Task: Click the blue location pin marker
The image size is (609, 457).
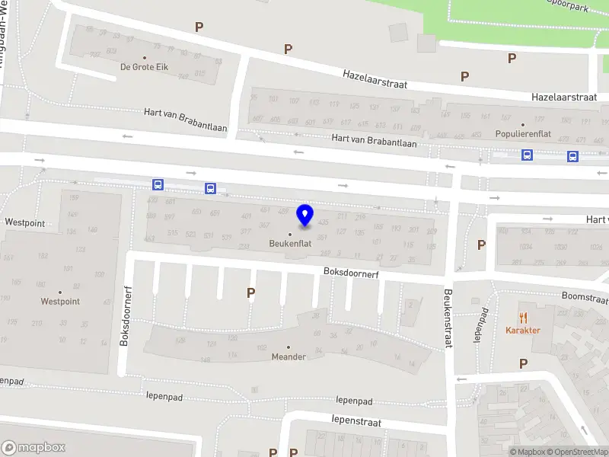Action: pos(305,216)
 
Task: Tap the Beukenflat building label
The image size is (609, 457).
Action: pos(290,244)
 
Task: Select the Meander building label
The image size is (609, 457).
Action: pos(289,356)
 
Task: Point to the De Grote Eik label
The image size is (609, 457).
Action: pos(144,67)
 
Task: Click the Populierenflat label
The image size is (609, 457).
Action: pos(522,134)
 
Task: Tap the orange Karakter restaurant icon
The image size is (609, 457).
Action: pos(523,317)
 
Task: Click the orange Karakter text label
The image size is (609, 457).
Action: pos(523,331)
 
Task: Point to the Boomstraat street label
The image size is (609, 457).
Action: pos(584,298)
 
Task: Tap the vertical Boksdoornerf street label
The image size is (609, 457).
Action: pos(127,317)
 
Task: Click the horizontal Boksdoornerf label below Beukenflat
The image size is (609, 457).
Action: pos(351,272)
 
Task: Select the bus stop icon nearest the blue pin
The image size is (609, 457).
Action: pos(210,188)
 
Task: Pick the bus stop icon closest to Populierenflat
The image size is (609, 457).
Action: pos(526,155)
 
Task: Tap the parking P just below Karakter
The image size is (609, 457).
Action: pos(523,364)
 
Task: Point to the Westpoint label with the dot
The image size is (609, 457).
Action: pos(60,302)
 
